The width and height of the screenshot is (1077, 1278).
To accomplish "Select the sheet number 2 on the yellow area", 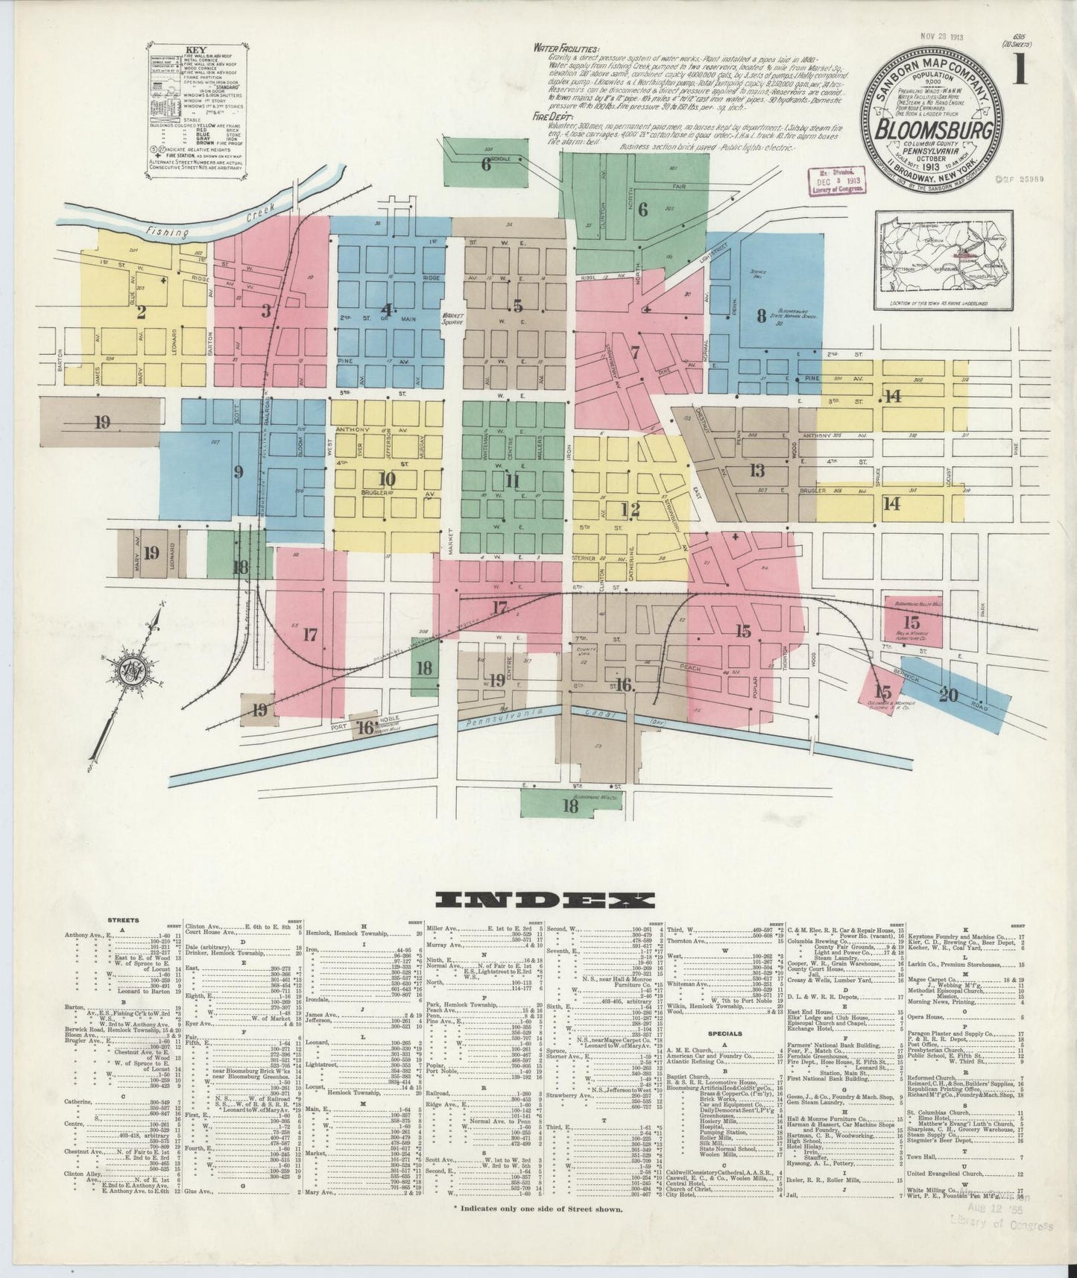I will [x=141, y=312].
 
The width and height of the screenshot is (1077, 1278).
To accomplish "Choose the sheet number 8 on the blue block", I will [x=761, y=315].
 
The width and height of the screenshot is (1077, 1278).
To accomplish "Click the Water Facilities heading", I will [x=566, y=48].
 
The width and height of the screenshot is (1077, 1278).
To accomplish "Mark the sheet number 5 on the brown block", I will [x=517, y=306].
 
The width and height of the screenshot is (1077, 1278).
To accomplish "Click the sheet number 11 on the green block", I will [x=511, y=481].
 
